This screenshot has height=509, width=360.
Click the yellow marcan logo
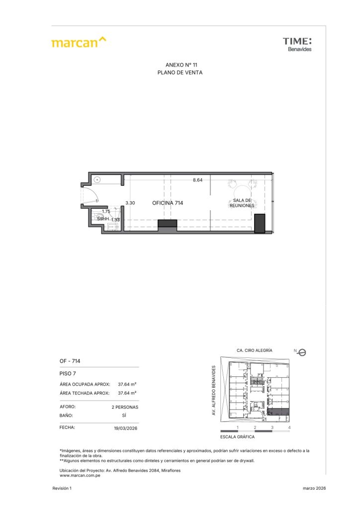tap(79, 42)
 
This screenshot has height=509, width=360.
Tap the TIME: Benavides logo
tap(297, 44)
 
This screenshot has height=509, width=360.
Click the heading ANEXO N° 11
tap(181, 65)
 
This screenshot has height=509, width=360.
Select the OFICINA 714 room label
tap(168, 203)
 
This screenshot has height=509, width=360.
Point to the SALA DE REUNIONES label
tap(242, 203)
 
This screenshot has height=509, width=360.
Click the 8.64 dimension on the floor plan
tap(198, 180)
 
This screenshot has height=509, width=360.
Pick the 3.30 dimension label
tap(130, 203)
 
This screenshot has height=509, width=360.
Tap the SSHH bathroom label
tap(103, 219)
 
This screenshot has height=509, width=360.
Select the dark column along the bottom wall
tap(168, 224)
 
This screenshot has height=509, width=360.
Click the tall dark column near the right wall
tap(260, 223)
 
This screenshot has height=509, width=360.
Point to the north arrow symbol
tap(301, 352)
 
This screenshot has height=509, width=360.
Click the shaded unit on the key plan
tap(278, 412)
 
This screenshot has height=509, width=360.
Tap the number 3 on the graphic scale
tap(272, 427)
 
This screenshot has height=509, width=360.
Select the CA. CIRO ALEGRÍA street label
tap(255, 350)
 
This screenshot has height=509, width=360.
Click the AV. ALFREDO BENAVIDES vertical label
tap(214, 390)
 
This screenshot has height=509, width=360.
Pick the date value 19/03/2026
tap(126, 428)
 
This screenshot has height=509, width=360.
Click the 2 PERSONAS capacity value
tap(125, 407)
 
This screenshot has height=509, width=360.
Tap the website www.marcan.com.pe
tap(80, 475)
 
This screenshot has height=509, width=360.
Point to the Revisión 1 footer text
tap(62, 488)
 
